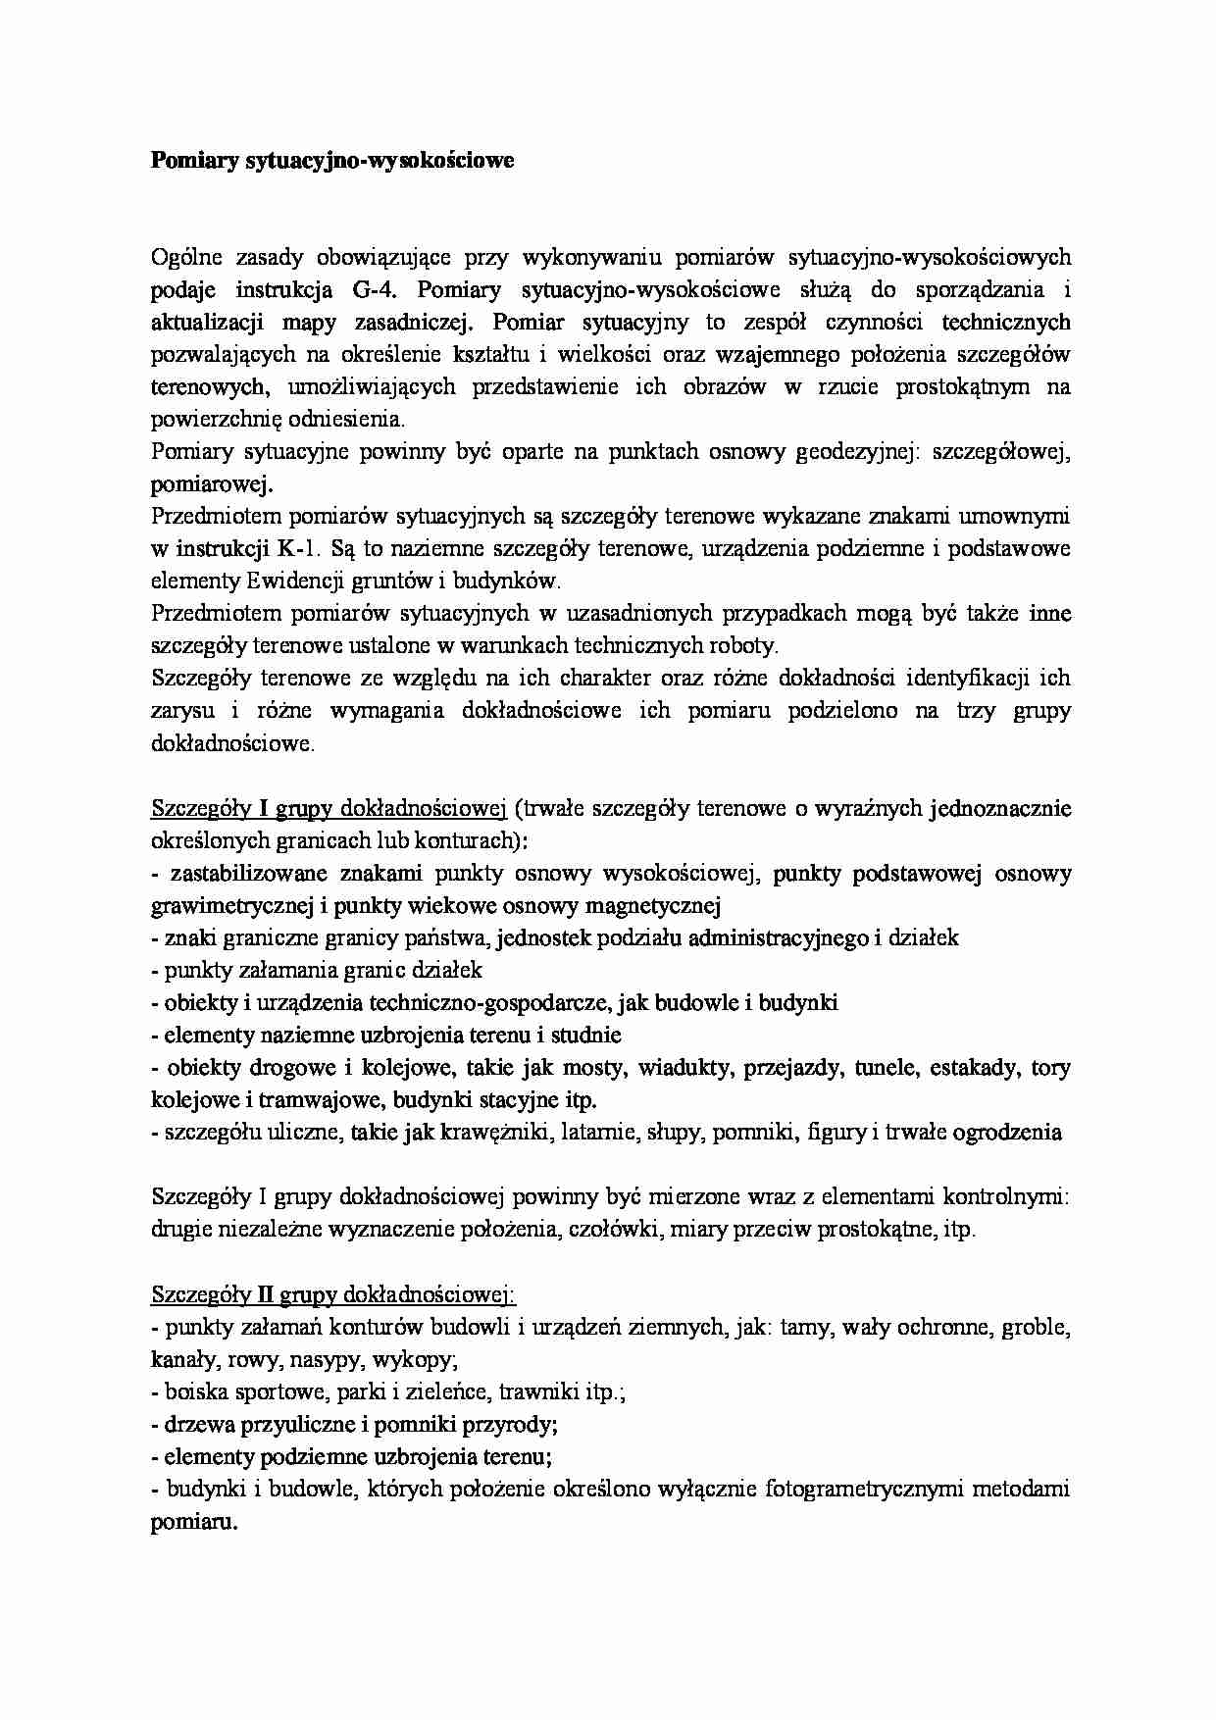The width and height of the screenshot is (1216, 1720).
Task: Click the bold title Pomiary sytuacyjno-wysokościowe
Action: click(332, 161)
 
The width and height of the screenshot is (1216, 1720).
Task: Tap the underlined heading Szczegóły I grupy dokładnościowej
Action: click(328, 808)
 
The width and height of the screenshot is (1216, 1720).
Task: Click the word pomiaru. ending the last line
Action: click(194, 1522)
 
